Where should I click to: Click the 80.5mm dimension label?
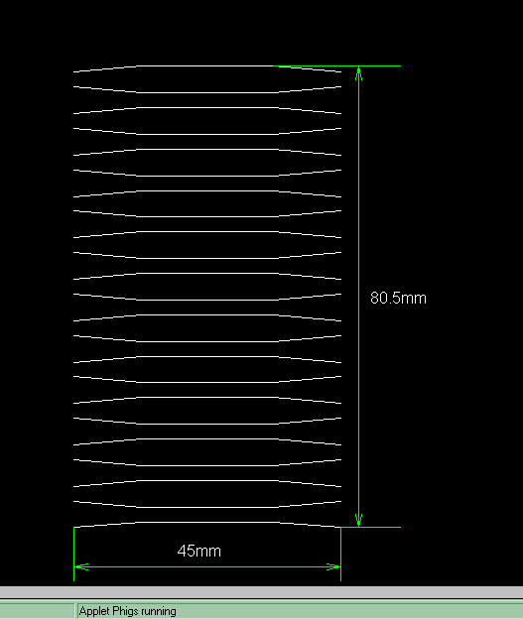tap(398, 298)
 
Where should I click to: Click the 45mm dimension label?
tap(199, 551)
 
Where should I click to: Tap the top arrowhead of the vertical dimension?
tap(358, 73)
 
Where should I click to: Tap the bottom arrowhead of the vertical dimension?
tap(358, 520)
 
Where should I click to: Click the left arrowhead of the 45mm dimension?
tap(81, 566)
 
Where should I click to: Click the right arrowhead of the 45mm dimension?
tap(333, 566)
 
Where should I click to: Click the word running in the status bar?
tap(159, 611)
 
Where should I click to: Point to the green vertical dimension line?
tap(358, 297)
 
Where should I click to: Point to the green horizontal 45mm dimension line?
tap(207, 566)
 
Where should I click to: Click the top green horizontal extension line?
tap(337, 65)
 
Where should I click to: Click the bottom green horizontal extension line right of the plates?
tap(370, 527)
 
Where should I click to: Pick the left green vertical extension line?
tap(73, 554)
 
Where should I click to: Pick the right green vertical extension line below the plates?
tap(340, 554)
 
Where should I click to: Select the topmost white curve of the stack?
tap(207, 65)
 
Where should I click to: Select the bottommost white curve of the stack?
tap(207, 522)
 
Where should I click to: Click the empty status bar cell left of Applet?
tap(37, 611)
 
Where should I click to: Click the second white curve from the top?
tap(207, 92)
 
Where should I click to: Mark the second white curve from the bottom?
tap(207, 507)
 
